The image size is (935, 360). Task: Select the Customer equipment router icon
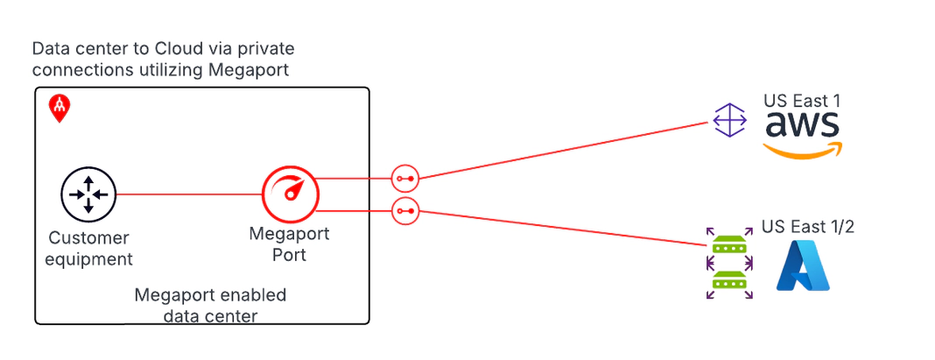point(88,194)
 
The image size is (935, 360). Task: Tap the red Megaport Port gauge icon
point(290,194)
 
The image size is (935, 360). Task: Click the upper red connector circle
point(404,179)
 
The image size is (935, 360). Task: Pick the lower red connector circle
point(404,211)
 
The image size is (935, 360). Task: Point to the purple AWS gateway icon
point(729,120)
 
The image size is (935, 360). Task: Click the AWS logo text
point(802,125)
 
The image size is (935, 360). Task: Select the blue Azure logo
point(803,266)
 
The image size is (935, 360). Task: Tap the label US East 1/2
point(808,227)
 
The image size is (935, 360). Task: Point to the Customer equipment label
point(89,249)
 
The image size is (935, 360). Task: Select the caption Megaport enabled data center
point(210,305)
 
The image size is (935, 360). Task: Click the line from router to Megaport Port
point(188,194)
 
